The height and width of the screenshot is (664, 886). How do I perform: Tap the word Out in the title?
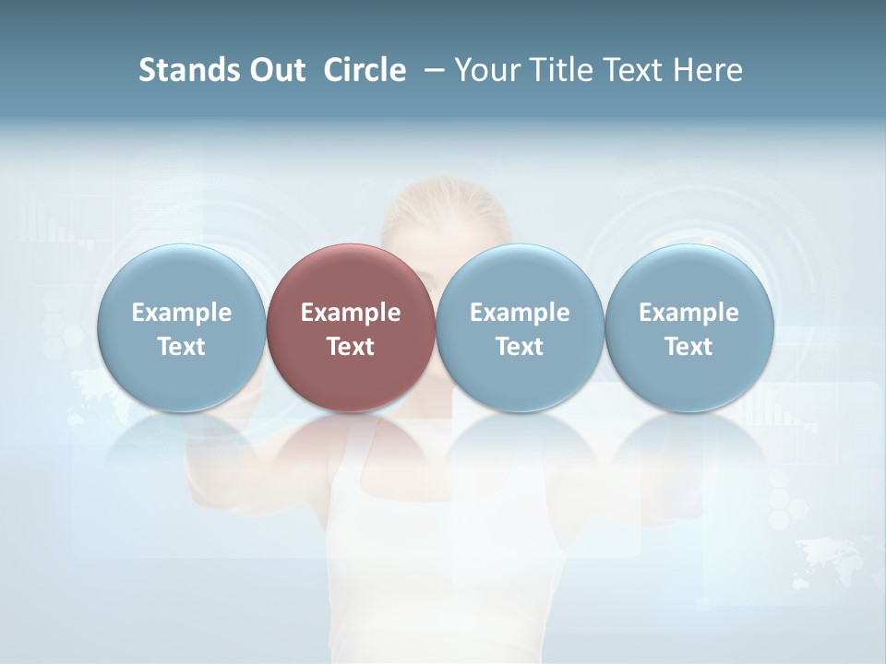coord(276,70)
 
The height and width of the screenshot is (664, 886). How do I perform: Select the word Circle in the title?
coord(365,70)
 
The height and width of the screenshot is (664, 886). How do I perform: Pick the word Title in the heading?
coord(557,70)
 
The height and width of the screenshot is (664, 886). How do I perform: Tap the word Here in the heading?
coord(708,70)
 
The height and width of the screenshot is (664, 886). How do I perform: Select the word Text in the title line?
coord(632,70)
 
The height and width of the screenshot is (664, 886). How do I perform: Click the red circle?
coord(350,277)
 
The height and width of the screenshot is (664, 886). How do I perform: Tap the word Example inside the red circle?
coord(350,313)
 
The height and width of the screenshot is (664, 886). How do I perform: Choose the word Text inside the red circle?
coord(350,347)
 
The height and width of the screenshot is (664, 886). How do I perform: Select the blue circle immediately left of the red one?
coord(181,277)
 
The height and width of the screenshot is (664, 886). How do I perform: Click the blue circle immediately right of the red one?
coord(519,277)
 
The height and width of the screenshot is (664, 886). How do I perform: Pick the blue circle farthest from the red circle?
coord(688,277)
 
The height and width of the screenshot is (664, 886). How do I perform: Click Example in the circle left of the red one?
coord(181,313)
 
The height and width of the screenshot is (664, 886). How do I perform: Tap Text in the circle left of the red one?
coord(181,347)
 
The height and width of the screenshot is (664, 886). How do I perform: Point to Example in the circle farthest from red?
coord(688,313)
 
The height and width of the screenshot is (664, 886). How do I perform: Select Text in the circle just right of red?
coord(519,347)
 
